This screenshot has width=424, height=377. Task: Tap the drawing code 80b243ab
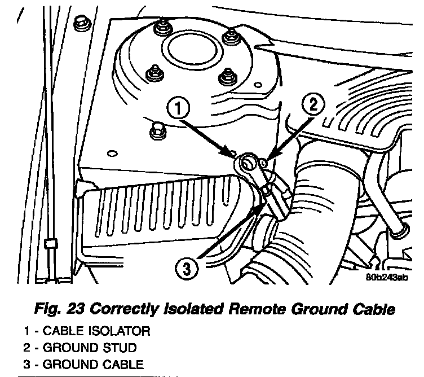tap(385, 277)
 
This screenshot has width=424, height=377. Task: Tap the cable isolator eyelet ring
tap(247, 165)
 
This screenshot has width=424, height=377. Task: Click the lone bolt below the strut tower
tap(157, 130)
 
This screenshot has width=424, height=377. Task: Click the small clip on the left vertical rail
tap(49, 244)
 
